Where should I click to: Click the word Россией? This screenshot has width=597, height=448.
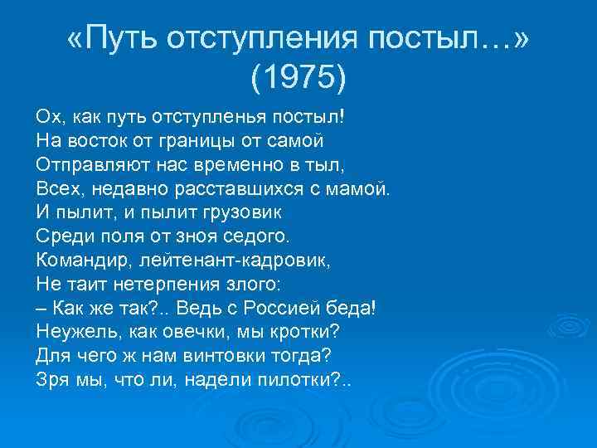(289, 307)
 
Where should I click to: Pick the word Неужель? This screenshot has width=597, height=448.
(75, 331)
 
